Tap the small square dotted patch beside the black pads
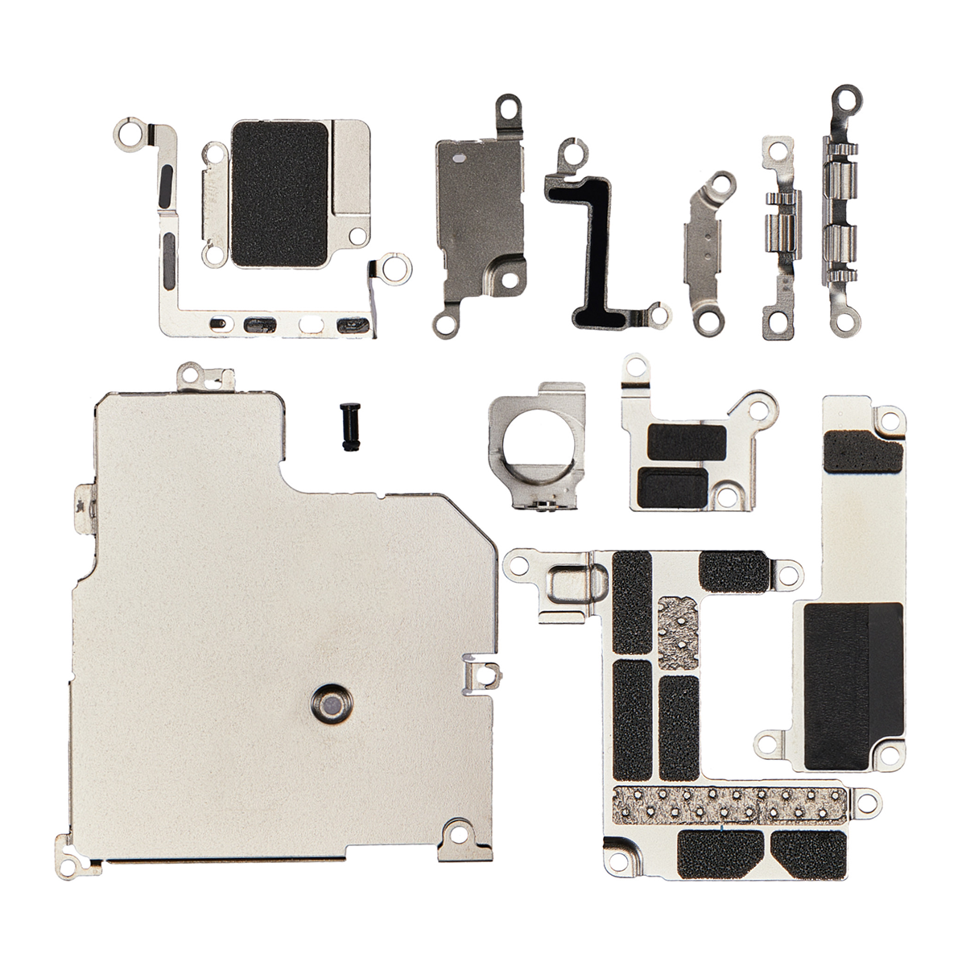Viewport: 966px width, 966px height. [x=680, y=632]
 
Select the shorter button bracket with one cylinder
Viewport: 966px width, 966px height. [x=778, y=242]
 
